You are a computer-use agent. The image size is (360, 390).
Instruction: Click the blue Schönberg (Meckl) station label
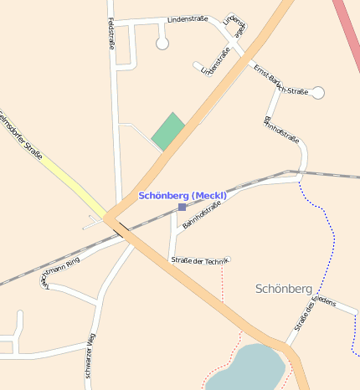point(183,195)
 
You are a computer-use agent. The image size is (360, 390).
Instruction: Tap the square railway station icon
point(182,207)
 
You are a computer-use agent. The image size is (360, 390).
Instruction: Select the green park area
point(168,131)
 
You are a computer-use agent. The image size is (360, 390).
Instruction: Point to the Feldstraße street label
point(111,34)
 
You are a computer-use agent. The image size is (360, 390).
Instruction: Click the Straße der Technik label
point(199,261)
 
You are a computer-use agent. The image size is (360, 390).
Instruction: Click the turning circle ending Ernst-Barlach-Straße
point(317,93)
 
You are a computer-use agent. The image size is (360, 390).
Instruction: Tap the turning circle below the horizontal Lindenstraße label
point(162,43)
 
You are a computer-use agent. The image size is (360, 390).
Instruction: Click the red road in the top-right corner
point(347,25)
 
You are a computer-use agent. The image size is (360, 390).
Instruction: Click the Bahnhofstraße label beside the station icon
point(202,215)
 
